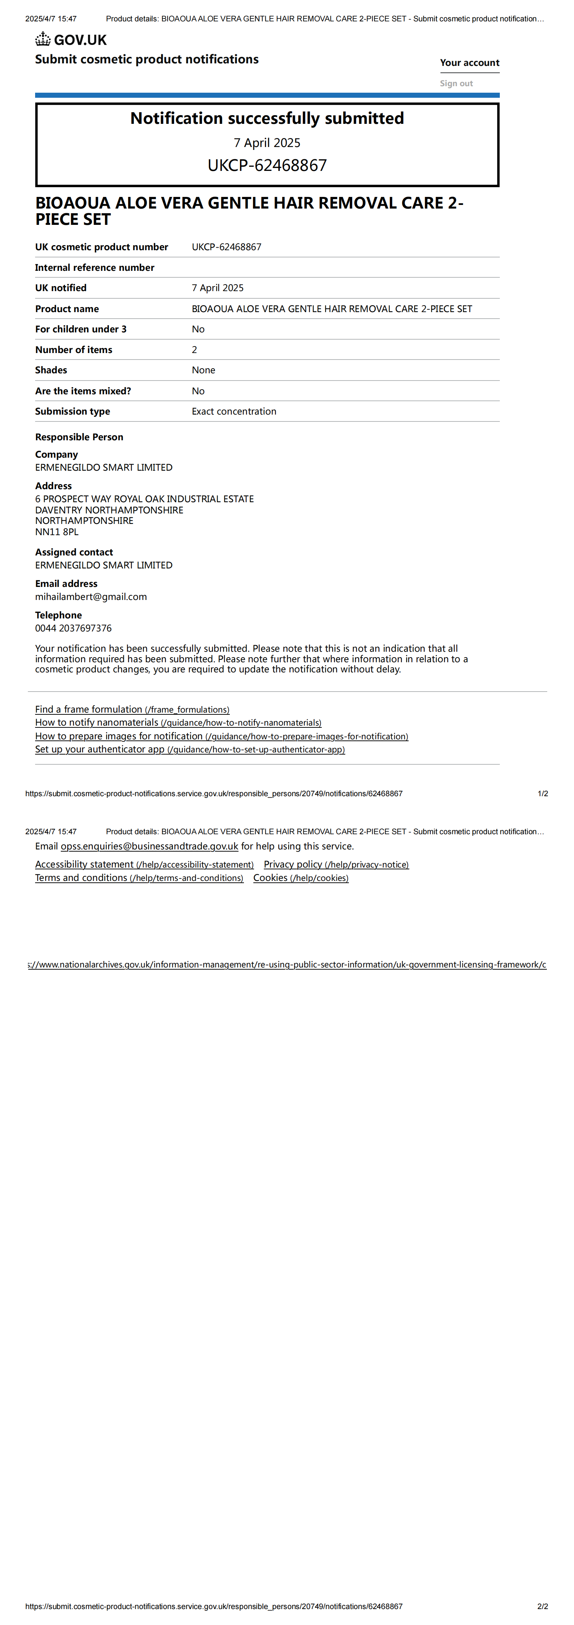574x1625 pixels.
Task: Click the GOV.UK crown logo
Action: pyautogui.click(x=43, y=40)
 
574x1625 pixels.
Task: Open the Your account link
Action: pyautogui.click(x=469, y=62)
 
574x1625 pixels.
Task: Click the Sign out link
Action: pyautogui.click(x=456, y=83)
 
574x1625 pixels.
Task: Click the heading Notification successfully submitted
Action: pyautogui.click(x=267, y=119)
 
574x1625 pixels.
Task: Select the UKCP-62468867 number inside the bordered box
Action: pyautogui.click(x=267, y=165)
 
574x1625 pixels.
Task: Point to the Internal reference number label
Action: pyautogui.click(x=94, y=268)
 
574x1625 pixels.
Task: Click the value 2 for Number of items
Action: pyautogui.click(x=194, y=349)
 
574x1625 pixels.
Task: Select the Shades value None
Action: pyautogui.click(x=203, y=370)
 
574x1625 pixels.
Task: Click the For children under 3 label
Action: pyautogui.click(x=81, y=329)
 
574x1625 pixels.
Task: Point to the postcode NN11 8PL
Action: pyautogui.click(x=57, y=532)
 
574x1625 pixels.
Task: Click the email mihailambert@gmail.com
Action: pyautogui.click(x=91, y=597)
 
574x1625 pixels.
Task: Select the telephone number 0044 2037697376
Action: pyautogui.click(x=73, y=628)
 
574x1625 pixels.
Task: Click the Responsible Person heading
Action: pyautogui.click(x=79, y=437)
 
